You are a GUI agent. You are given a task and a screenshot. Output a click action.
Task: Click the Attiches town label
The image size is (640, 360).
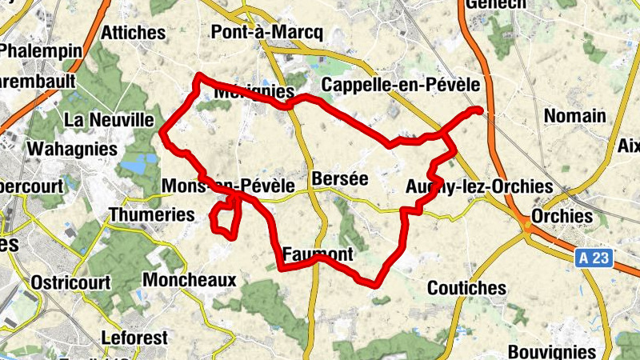(134, 33)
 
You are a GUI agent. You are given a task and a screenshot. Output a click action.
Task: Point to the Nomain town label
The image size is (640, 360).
(574, 116)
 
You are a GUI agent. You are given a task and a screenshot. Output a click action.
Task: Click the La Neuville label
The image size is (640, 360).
(109, 120)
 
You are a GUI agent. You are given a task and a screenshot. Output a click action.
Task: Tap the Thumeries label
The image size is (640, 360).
(151, 214)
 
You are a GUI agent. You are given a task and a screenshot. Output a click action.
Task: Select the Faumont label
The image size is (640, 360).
(318, 254)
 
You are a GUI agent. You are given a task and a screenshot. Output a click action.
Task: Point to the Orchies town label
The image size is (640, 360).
(563, 217)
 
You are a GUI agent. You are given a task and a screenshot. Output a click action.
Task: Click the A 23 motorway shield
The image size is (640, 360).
(594, 258)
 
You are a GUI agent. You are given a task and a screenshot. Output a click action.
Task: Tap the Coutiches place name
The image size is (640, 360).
(467, 287)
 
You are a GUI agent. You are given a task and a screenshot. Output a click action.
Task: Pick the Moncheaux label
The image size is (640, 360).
(189, 280)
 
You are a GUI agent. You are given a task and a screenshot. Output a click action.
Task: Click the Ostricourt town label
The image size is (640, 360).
(70, 282)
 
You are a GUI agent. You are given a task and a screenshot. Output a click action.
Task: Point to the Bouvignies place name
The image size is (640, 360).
(552, 352)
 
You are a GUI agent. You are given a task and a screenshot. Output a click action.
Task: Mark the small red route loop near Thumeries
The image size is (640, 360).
(226, 218)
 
